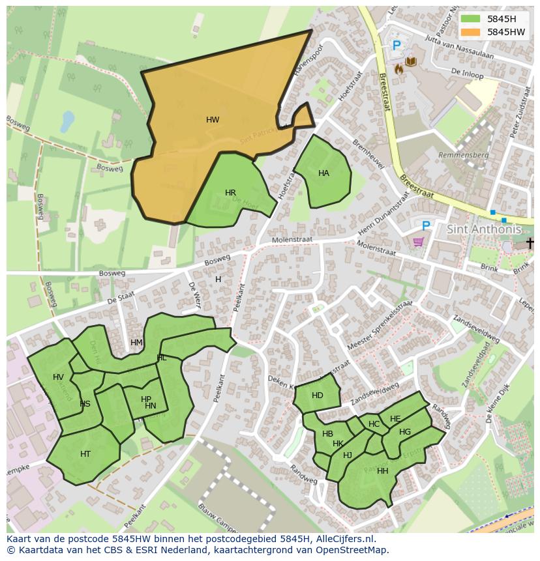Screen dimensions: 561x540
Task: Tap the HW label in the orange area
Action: (x=213, y=120)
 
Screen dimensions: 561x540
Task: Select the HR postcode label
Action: (x=230, y=193)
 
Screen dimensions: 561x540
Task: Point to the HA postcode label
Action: (x=323, y=173)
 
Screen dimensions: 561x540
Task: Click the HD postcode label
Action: (x=318, y=396)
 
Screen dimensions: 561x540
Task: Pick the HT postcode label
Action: (x=85, y=454)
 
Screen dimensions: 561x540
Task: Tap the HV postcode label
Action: (x=59, y=377)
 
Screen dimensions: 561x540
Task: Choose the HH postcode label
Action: (x=383, y=471)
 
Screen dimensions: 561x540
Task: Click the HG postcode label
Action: (x=405, y=432)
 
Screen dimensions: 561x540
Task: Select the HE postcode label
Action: (x=395, y=419)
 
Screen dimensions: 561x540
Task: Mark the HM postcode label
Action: (x=136, y=343)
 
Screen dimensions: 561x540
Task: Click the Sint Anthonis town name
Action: (x=484, y=229)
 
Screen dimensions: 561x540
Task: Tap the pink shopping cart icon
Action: (x=418, y=242)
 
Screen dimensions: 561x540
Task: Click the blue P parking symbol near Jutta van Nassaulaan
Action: (x=397, y=46)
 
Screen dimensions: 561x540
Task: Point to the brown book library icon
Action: (x=412, y=62)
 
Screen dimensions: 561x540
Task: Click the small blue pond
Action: (x=67, y=121)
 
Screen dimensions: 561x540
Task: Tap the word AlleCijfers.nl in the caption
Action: (x=342, y=539)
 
